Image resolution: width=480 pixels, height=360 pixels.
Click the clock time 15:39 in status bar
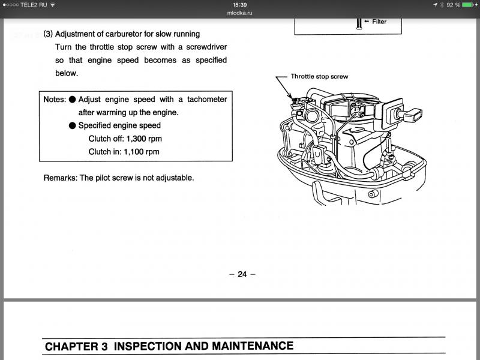[x=240, y=4]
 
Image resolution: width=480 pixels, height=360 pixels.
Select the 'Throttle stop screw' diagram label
[x=319, y=77]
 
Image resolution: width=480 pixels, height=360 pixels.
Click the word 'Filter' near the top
[x=379, y=22]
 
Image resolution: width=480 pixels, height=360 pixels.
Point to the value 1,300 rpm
[x=144, y=139]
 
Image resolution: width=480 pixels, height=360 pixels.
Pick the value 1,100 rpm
[x=142, y=152]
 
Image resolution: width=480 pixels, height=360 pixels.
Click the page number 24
[x=242, y=274]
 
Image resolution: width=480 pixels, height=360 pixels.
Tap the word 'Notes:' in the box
[x=54, y=100]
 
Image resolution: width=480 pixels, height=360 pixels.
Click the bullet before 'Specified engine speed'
[x=72, y=126]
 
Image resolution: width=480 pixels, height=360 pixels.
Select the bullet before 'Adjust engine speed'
[x=72, y=100]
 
